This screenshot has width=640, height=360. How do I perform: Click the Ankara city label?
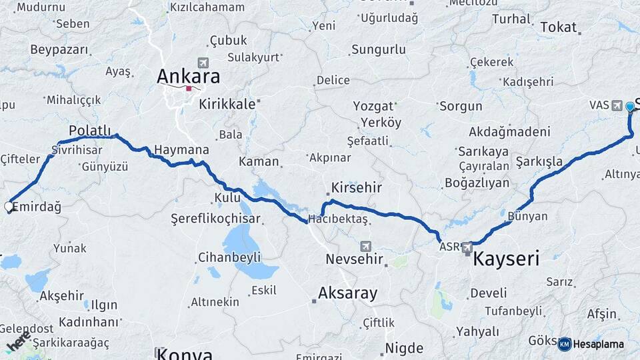[188, 76]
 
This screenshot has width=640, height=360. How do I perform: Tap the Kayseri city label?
[505, 259]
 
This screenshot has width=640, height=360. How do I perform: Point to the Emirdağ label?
[37, 207]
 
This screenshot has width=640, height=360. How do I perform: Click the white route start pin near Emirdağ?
[9, 207]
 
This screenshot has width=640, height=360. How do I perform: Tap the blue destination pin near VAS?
[630, 106]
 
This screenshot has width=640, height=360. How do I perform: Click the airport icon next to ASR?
[467, 247]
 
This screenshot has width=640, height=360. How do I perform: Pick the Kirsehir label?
[357, 187]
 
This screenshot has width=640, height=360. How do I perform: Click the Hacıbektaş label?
[338, 219]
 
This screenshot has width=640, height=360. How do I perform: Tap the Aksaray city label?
[347, 293]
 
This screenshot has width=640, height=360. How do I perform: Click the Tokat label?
[557, 27]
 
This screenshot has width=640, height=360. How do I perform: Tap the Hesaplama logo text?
[599, 344]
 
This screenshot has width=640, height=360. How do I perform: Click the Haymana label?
[181, 150]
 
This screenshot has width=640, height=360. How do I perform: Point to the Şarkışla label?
[539, 161]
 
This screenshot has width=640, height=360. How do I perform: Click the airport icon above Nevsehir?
[365, 246]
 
